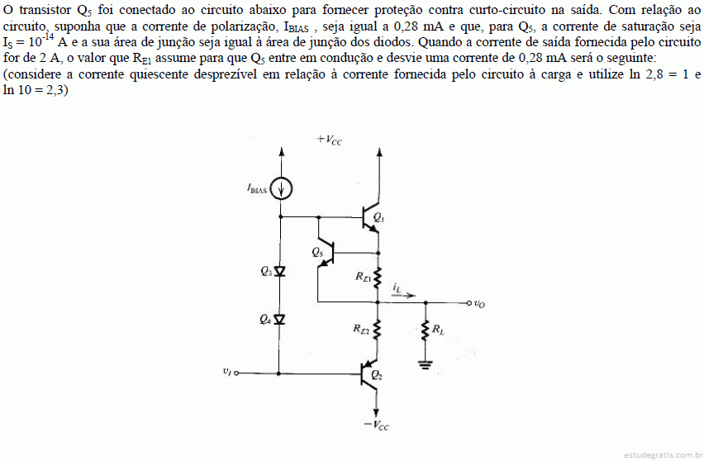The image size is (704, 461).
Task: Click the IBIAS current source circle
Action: (x=282, y=188)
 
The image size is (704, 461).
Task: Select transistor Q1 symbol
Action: (x=371, y=217)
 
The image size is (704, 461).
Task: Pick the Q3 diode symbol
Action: (x=280, y=271)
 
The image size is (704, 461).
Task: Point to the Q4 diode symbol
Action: (x=280, y=319)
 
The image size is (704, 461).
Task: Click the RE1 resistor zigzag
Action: (x=378, y=278)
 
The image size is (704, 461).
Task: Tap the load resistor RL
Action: (x=426, y=330)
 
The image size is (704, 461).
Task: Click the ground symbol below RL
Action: (x=426, y=364)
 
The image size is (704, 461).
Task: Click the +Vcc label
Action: (x=329, y=140)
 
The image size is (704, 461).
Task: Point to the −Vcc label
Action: (x=376, y=425)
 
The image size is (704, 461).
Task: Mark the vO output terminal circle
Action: (x=469, y=303)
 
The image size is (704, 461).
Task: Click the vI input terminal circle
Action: (x=236, y=373)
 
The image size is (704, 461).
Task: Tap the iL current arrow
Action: (x=403, y=296)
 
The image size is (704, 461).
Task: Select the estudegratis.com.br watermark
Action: (x=664, y=455)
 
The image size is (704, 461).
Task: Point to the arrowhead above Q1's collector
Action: (x=379, y=152)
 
